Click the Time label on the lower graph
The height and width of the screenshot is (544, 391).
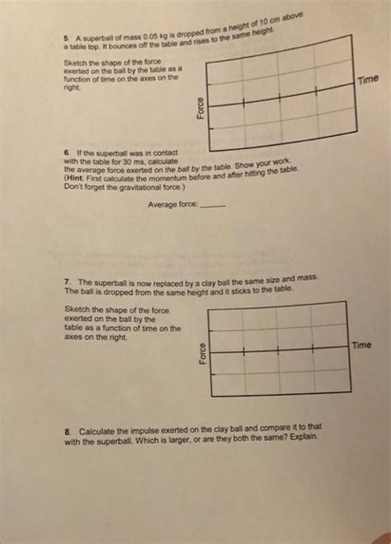[362, 345]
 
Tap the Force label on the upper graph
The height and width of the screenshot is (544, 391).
[199, 108]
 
